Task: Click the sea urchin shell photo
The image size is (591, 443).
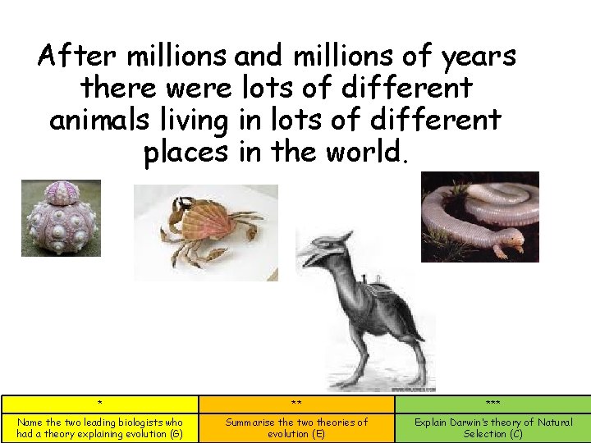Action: (x=61, y=217)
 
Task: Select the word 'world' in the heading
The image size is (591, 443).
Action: (x=361, y=152)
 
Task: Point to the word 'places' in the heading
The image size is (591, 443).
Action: (x=185, y=152)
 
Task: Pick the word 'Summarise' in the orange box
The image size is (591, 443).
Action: (x=251, y=422)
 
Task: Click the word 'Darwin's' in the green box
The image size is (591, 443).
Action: (x=474, y=422)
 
